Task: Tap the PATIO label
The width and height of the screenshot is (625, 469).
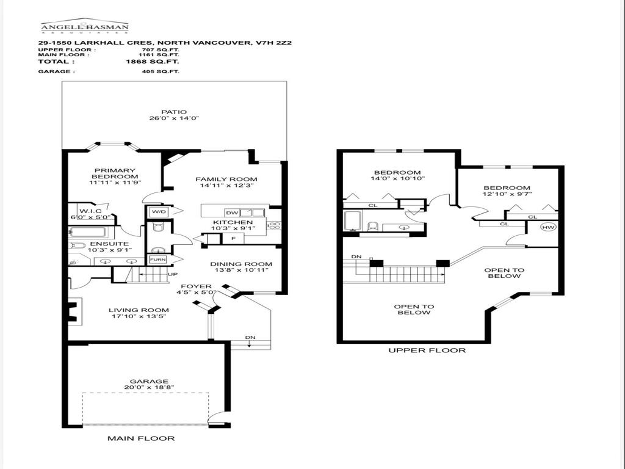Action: pyautogui.click(x=174, y=112)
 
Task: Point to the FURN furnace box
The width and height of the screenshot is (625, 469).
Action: pyautogui.click(x=157, y=259)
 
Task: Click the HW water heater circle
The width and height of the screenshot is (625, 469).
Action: pyautogui.click(x=548, y=227)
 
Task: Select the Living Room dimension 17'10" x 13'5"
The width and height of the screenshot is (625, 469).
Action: pyautogui.click(x=138, y=316)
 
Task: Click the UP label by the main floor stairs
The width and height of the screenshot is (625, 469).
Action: pyautogui.click(x=173, y=275)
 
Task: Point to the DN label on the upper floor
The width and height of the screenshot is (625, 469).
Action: pyautogui.click(x=357, y=257)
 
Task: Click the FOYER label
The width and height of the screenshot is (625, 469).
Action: pyautogui.click(x=196, y=286)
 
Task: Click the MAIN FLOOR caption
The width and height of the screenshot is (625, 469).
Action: pyautogui.click(x=141, y=438)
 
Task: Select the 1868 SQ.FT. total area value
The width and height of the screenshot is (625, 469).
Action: pyautogui.click(x=152, y=62)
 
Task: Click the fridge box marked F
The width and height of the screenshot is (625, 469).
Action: pyautogui.click(x=215, y=237)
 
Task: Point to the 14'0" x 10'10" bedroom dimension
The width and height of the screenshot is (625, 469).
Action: pyautogui.click(x=397, y=179)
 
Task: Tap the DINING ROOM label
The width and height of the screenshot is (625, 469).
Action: pyautogui.click(x=240, y=264)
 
